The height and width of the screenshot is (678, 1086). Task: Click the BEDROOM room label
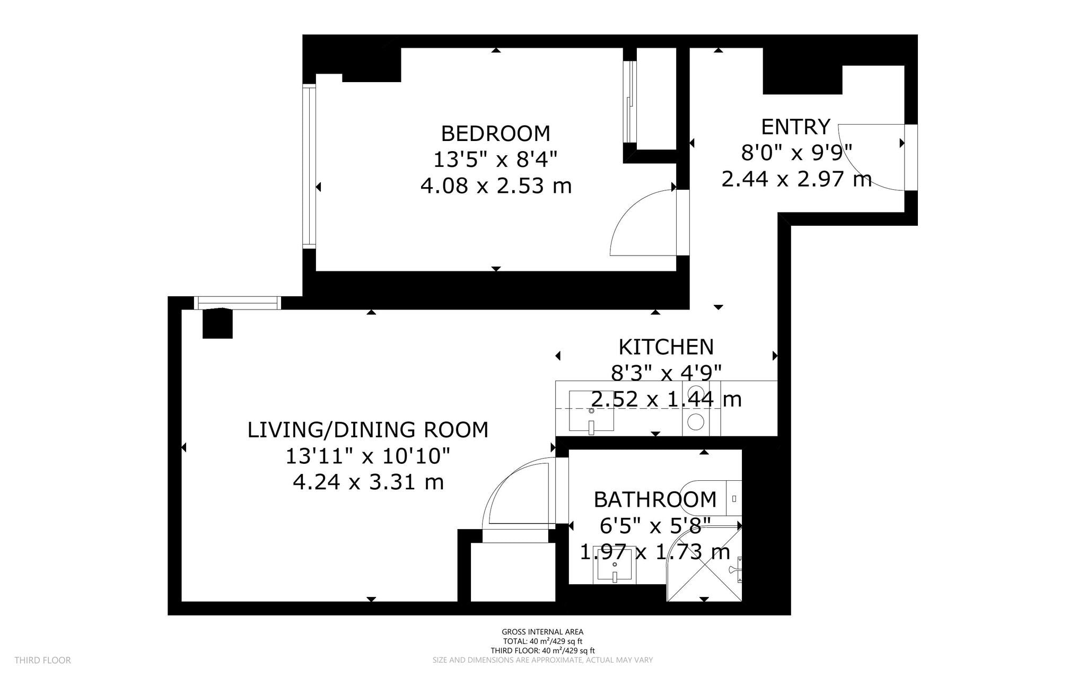(x=495, y=134)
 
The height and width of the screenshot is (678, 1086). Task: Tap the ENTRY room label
(x=795, y=127)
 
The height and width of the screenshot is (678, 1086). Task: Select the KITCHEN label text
(x=666, y=347)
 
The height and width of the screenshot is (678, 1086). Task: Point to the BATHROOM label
(x=655, y=500)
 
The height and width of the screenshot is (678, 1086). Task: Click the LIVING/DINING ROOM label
(x=368, y=430)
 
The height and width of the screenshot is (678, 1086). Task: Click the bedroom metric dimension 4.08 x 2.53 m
(x=496, y=186)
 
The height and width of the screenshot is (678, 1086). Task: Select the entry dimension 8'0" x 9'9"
(x=796, y=153)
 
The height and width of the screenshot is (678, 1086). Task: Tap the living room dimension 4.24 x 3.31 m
(x=368, y=482)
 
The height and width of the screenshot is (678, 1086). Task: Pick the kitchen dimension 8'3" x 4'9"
(x=666, y=373)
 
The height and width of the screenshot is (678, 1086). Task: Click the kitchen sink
(x=591, y=411)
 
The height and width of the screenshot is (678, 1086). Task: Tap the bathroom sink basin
(x=615, y=565)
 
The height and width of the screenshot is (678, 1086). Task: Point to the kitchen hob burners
(x=696, y=408)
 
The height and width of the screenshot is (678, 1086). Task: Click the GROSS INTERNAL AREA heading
(x=542, y=631)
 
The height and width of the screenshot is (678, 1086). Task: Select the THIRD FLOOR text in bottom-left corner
(x=42, y=660)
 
